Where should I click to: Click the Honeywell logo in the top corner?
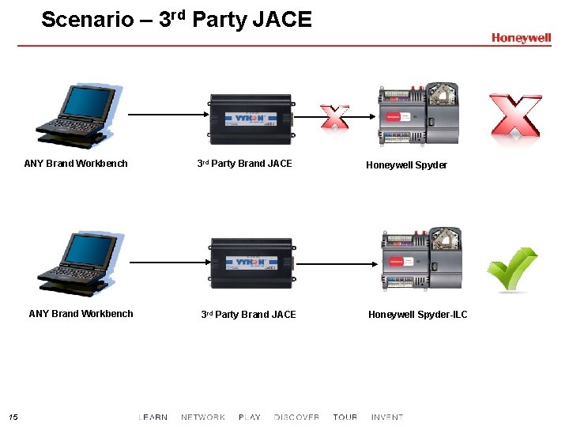point(521,38)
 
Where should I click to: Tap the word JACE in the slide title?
point(282,19)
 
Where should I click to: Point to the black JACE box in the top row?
point(250,119)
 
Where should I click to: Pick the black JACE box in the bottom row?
point(250,263)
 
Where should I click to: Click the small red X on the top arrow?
point(335,116)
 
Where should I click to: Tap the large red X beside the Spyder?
point(515,115)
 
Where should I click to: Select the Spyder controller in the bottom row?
point(421,261)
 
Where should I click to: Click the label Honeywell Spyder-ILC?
point(417,315)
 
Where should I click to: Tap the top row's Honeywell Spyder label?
point(406,165)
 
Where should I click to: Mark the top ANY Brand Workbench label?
point(76,164)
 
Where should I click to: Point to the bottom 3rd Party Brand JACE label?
point(248,315)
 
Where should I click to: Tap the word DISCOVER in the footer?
point(296,417)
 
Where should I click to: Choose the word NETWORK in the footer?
point(203,417)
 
